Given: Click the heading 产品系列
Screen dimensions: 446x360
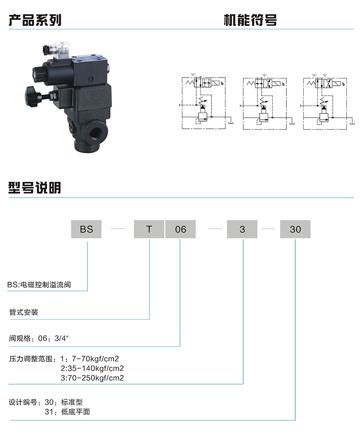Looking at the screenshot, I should [35, 20].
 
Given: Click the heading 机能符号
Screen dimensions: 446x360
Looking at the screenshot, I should [250, 20].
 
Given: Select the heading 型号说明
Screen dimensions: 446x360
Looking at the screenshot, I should [35, 188].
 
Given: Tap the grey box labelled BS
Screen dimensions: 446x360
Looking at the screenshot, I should [86, 229].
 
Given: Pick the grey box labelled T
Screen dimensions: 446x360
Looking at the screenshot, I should [149, 229].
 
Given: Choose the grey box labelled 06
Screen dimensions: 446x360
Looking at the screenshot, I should [181, 229].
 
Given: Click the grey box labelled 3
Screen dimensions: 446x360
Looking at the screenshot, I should [242, 229].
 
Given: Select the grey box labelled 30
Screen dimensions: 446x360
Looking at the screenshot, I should [295, 229].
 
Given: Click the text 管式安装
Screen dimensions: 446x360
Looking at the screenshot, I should [24, 312].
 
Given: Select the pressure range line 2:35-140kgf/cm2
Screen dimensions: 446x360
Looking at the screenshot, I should [92, 368].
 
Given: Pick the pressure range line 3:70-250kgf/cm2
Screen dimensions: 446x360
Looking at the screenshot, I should [92, 378].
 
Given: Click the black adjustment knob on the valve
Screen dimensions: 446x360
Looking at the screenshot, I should [32, 96].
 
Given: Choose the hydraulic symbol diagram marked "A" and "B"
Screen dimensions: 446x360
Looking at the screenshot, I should [325, 101].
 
